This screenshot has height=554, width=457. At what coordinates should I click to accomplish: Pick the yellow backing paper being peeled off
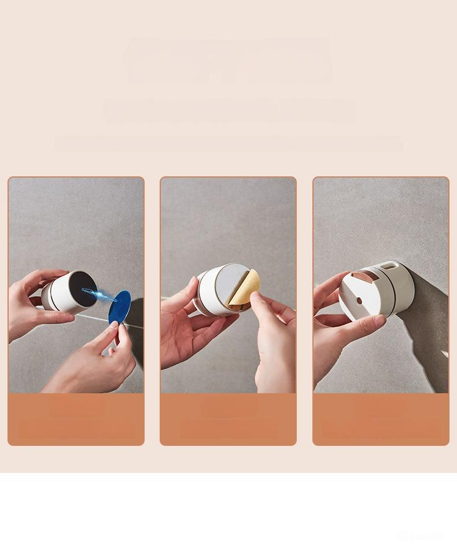245,287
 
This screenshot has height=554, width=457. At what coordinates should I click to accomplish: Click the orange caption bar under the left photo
76,419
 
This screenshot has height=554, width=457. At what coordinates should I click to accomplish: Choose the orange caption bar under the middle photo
228,419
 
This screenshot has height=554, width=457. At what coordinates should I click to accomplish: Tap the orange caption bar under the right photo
381,419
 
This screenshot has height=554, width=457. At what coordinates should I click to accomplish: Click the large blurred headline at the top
229,60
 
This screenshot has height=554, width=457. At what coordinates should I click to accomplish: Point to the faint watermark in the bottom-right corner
421,535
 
